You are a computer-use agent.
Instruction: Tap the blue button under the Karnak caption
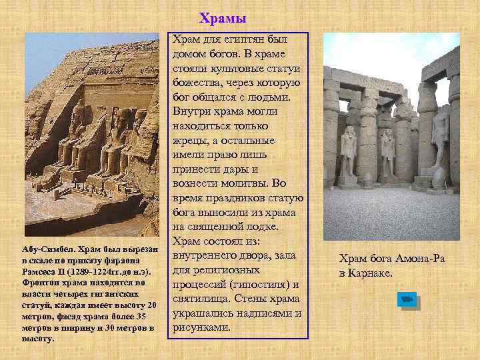[407, 300]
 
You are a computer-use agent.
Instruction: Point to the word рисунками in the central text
[202, 327]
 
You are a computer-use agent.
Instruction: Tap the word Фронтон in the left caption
[39, 283]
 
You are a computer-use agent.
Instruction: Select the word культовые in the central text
[238, 68]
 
